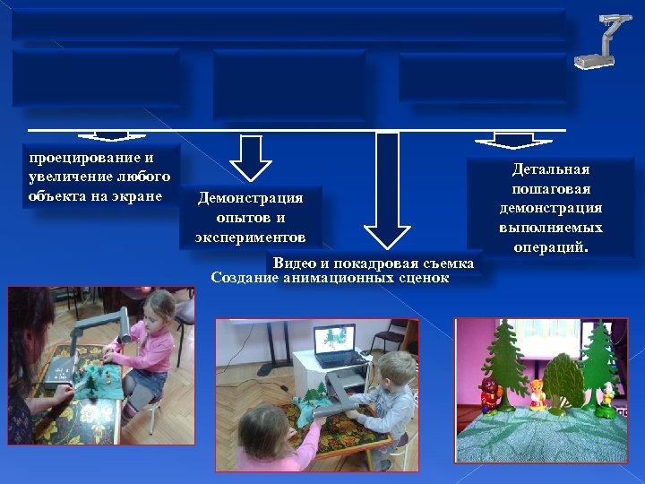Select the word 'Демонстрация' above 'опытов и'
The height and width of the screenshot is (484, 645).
click(x=250, y=198)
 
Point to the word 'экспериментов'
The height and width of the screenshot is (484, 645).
click(x=250, y=238)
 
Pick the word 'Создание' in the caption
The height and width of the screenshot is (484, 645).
click(x=244, y=278)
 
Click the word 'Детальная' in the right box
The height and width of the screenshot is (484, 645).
click(x=551, y=169)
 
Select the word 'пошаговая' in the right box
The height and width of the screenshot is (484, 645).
click(x=551, y=189)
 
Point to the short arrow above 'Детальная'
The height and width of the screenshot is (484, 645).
click(x=512, y=140)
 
